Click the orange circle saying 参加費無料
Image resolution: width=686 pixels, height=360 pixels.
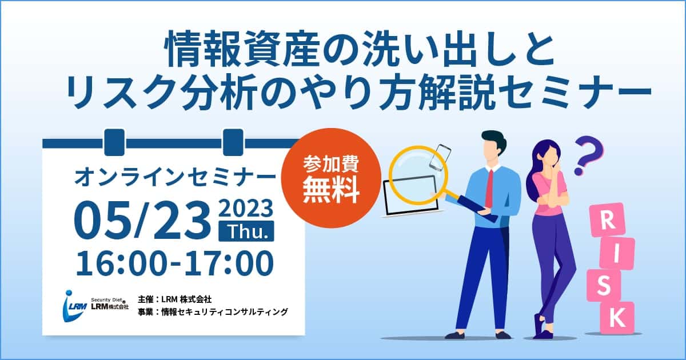[x=331, y=178]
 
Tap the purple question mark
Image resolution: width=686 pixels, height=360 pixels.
[x=588, y=155]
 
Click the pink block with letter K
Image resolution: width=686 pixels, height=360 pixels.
[x=617, y=318]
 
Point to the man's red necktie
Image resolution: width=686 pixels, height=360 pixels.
[x=489, y=188]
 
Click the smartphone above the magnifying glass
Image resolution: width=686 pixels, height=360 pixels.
[x=440, y=157]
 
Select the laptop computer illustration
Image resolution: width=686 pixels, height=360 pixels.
[x=410, y=197]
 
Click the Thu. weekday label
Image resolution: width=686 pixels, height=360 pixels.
[x=246, y=231]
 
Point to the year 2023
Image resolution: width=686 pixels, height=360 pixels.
[x=246, y=208]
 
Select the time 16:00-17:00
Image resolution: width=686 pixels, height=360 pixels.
[x=174, y=263]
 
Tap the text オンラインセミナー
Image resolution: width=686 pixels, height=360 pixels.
[x=175, y=178]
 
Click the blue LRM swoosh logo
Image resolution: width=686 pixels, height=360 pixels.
[x=74, y=306]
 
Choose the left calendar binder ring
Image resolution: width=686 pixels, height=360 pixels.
[x=114, y=142]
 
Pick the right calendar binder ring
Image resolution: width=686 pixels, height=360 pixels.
[x=233, y=142]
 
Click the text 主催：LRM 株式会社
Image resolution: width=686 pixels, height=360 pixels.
[x=174, y=299]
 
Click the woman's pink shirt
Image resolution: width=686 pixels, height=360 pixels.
[x=548, y=192]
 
